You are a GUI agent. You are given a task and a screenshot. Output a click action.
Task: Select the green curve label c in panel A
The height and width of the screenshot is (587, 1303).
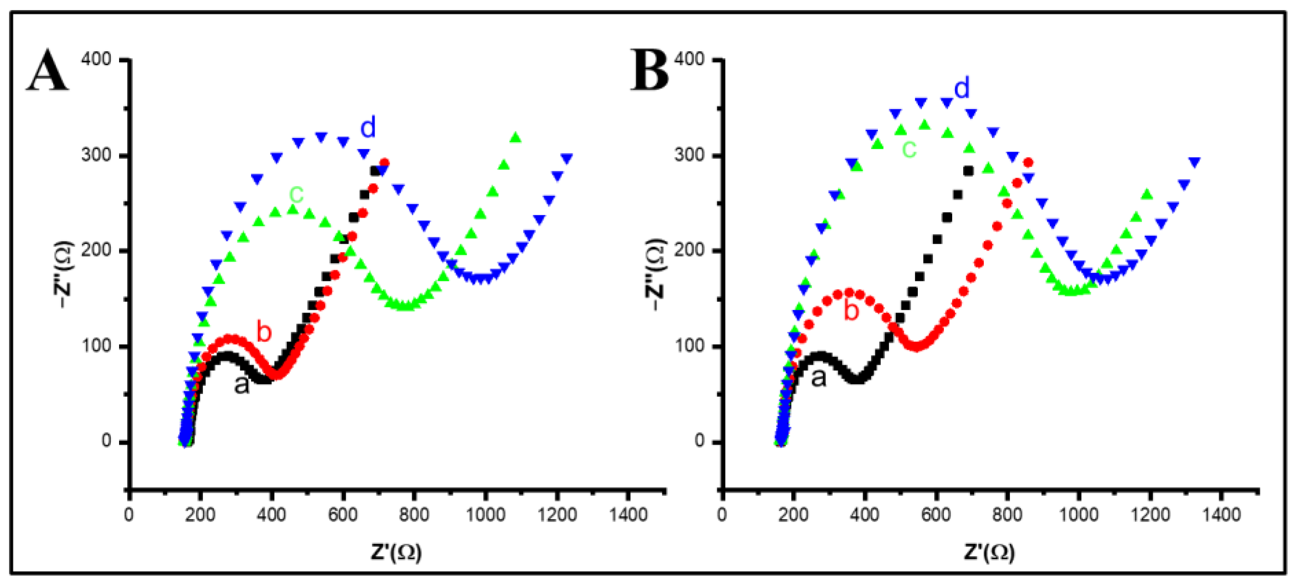[x=296, y=193]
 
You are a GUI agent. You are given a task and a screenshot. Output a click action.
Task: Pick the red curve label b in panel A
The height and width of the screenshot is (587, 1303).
[x=264, y=331]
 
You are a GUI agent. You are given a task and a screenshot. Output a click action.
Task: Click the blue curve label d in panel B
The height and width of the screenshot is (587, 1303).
[x=962, y=88]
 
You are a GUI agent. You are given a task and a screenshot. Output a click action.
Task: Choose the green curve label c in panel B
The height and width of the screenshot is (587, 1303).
[x=909, y=149]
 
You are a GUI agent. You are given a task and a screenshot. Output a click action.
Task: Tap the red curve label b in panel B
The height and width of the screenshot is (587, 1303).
[x=852, y=310]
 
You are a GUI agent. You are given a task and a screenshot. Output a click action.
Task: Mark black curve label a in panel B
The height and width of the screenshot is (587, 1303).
[x=819, y=378]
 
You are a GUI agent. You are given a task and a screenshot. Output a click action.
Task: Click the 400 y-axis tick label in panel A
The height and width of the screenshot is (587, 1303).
[x=96, y=59]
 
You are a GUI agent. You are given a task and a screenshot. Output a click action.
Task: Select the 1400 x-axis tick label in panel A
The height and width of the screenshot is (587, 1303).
[x=628, y=515]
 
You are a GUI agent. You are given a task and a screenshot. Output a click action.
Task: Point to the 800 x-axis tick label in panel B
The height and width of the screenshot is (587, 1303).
[x=1007, y=515]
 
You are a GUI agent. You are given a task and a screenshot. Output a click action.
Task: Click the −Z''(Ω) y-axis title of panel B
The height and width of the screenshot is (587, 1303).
[x=655, y=274]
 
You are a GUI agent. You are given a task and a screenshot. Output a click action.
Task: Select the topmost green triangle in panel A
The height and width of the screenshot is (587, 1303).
[x=515, y=137]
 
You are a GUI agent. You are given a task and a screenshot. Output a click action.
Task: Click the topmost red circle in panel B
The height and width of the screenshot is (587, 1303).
[x=1028, y=162]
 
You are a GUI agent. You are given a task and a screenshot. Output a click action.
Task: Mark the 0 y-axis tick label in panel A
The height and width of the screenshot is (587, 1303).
[x=106, y=441]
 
